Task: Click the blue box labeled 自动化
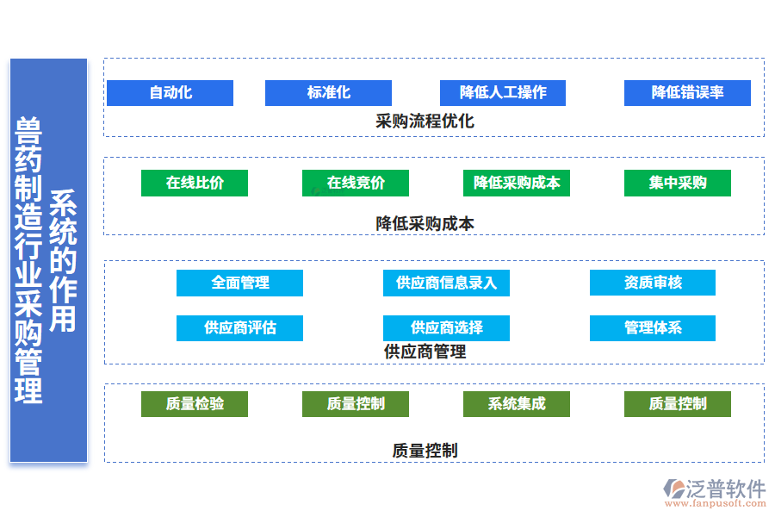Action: coord(170,93)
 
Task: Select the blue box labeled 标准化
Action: coord(328,93)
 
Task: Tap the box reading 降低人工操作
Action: coord(502,93)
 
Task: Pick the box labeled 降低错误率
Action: coord(687,93)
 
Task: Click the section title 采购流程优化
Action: coord(425,121)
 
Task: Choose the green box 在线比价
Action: coord(195,183)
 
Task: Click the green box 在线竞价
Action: coord(356,183)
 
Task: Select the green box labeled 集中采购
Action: coord(678,183)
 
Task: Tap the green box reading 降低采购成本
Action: coord(517,183)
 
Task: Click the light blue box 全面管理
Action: coord(239,283)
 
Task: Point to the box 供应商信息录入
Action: coord(446,283)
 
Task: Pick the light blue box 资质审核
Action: coord(653,283)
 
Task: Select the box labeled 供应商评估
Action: coord(239,327)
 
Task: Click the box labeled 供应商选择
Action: coord(446,327)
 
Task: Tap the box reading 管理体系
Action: coord(653,327)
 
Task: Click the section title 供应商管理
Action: coord(425,352)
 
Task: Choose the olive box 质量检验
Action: coord(195,403)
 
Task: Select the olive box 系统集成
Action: coord(517,403)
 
